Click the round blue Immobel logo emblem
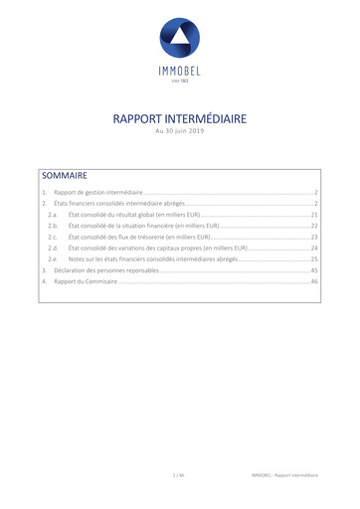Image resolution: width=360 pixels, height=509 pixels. pyautogui.click(x=180, y=37)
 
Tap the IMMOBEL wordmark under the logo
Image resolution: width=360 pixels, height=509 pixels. pyautogui.click(x=180, y=71)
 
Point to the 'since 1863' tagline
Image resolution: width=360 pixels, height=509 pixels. pyautogui.click(x=180, y=81)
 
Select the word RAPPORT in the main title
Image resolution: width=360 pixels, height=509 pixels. pyautogui.click(x=138, y=119)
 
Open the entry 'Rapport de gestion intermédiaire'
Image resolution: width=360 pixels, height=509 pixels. pyautogui.click(x=99, y=191)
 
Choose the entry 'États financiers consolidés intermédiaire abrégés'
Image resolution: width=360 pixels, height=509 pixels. pyautogui.click(x=119, y=203)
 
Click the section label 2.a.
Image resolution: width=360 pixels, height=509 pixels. pyautogui.click(x=53, y=215)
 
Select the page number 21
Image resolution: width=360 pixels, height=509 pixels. pyautogui.click(x=313, y=215)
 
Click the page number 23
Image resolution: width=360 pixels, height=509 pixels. pyautogui.click(x=313, y=238)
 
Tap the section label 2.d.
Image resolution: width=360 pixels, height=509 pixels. pyautogui.click(x=53, y=249)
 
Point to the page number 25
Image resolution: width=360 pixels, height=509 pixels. pyautogui.click(x=313, y=259)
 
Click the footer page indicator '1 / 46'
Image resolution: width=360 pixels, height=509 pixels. pyautogui.click(x=179, y=476)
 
